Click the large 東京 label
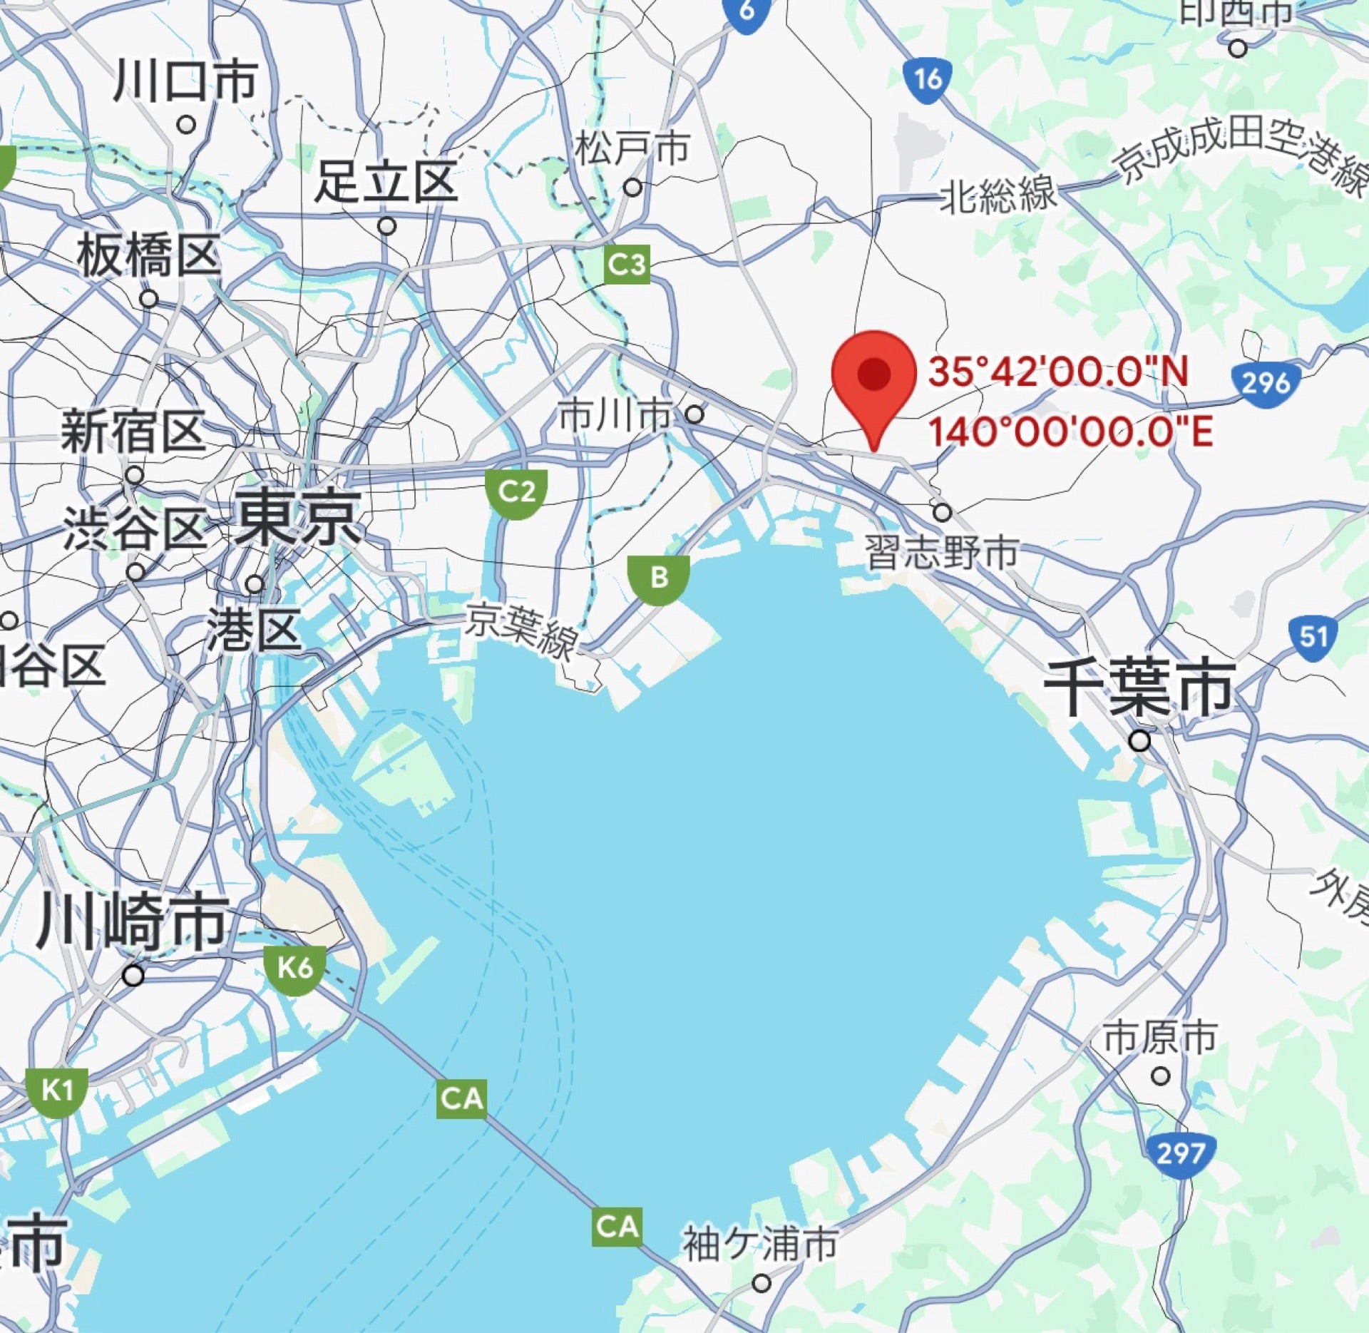(297, 519)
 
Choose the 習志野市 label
(941, 552)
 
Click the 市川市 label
(615, 415)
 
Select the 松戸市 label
(632, 148)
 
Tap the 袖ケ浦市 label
(760, 1243)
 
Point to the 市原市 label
(1160, 1038)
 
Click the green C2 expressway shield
(517, 492)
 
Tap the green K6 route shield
(295, 968)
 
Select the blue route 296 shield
(1265, 383)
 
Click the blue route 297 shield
(1181, 1153)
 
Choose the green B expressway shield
(659, 578)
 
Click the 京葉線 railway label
(521, 631)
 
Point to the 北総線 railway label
(997, 194)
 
